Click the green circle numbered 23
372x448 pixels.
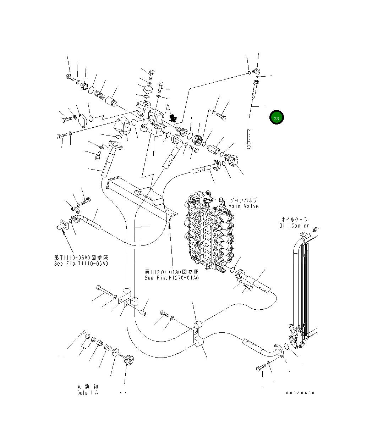(x=277, y=118)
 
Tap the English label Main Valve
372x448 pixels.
(x=244, y=206)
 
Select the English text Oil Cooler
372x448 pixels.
(x=294, y=226)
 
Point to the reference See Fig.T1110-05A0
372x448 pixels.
(x=81, y=264)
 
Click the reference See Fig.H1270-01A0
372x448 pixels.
(x=171, y=278)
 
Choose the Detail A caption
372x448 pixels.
(x=88, y=393)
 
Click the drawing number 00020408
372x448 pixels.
(x=300, y=393)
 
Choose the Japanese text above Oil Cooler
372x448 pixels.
(x=294, y=220)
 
